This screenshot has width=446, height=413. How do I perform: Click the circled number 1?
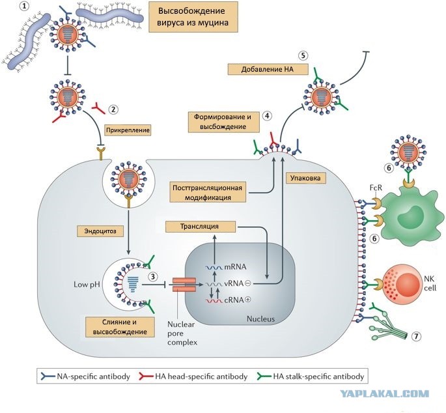click(x=26, y=6)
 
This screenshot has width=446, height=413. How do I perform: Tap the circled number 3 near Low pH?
click(x=153, y=277)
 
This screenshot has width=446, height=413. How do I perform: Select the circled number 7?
click(x=416, y=337)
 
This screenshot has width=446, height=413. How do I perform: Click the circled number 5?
click(x=303, y=55)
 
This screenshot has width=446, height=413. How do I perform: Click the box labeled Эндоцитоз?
click(x=100, y=231)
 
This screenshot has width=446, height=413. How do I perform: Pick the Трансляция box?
click(x=201, y=227)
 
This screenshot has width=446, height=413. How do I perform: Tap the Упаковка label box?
click(x=305, y=178)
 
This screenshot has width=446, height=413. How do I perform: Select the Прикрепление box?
click(x=128, y=130)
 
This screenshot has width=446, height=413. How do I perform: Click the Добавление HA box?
click(x=268, y=69)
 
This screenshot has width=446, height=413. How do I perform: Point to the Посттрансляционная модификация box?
click(x=208, y=192)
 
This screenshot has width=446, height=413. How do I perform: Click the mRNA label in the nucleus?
click(x=235, y=267)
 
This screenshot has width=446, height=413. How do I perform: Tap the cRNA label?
click(x=234, y=300)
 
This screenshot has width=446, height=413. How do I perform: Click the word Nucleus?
click(x=260, y=319)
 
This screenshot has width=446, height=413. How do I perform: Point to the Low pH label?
click(x=87, y=285)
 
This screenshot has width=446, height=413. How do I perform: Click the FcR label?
click(x=376, y=188)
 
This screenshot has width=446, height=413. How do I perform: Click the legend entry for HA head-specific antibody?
click(x=193, y=377)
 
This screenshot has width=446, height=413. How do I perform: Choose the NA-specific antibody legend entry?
click(x=85, y=377)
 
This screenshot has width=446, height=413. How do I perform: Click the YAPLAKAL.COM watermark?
click(x=385, y=393)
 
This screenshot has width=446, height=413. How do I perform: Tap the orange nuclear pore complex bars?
click(x=184, y=285)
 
